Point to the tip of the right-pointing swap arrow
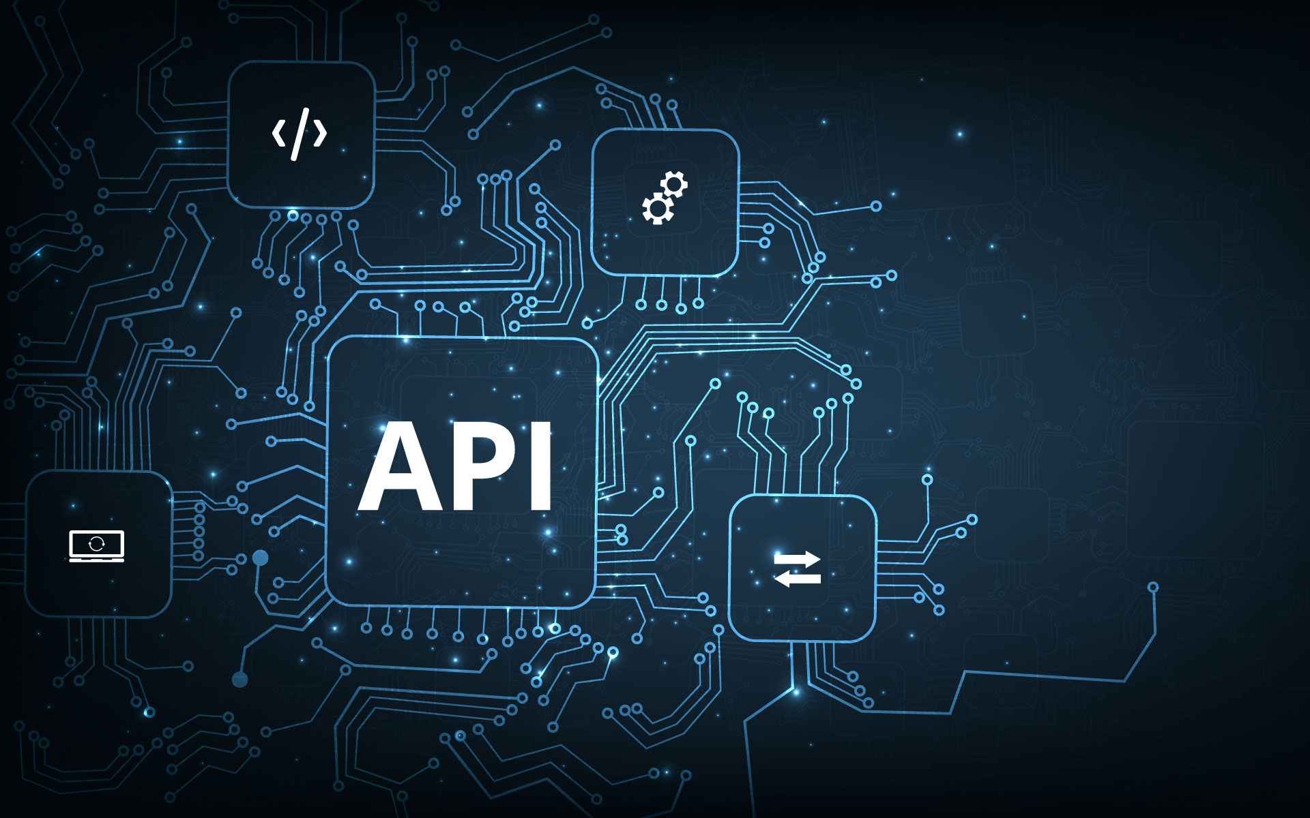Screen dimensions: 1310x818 (x=821, y=560)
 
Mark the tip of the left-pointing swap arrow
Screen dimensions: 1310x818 (x=774, y=579)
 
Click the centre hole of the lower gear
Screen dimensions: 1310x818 (x=658, y=208)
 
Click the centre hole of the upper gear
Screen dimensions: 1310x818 (x=674, y=184)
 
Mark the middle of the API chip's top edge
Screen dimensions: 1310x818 (x=463, y=337)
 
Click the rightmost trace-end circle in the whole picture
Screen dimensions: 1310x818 (x=1153, y=587)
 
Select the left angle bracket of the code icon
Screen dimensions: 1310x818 (x=278, y=133)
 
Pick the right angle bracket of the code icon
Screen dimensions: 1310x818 (x=320, y=133)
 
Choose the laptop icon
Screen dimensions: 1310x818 (x=97, y=546)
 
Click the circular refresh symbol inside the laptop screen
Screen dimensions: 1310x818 (x=97, y=543)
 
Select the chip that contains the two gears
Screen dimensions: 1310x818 (x=665, y=202)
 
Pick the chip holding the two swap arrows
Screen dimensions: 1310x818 (x=803, y=569)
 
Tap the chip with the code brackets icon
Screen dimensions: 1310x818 (x=301, y=134)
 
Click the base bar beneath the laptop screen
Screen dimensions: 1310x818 (x=97, y=560)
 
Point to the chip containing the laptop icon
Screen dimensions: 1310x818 (x=98, y=544)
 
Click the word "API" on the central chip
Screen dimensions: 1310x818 (x=454, y=466)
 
